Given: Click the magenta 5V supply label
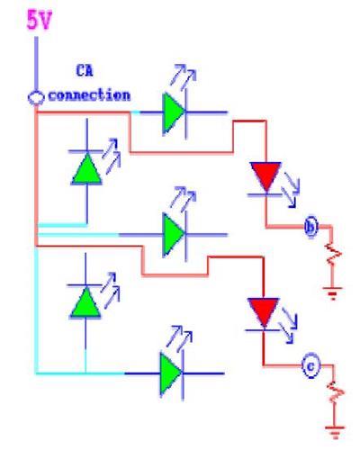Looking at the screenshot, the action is click(40, 20).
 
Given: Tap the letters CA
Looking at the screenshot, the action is click(85, 71).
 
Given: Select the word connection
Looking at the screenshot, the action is click(89, 95).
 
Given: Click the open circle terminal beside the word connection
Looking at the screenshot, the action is click(36, 98).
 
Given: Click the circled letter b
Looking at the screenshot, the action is click(310, 227).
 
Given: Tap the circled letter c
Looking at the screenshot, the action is click(310, 366).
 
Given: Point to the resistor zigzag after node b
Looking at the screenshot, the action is click(332, 255).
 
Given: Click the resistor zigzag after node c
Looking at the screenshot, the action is click(336, 391).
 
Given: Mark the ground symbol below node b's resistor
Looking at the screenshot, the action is click(332, 293).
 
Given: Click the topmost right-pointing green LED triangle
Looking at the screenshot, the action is click(173, 112).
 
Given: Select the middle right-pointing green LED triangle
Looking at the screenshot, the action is click(173, 234).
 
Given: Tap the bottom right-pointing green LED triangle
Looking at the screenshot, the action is click(170, 373).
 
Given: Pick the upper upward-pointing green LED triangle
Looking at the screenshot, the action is click(86, 169).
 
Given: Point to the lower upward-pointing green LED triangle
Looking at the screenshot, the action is click(85, 303).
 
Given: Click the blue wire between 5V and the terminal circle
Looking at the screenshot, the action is click(36, 64).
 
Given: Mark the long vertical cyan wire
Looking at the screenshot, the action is click(37, 310).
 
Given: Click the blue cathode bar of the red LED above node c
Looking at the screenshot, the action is click(263, 330).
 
